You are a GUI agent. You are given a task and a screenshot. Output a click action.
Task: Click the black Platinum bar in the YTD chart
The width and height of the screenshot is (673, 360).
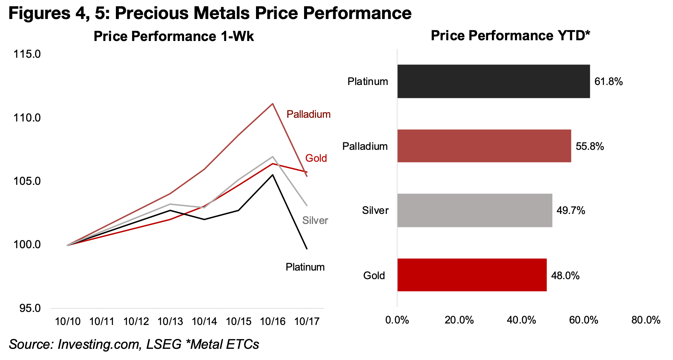(x=493, y=81)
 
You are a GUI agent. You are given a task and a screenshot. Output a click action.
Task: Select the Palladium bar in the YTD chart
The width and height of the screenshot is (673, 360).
(x=484, y=146)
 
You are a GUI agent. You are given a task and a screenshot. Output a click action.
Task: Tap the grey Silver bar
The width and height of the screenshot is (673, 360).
(x=474, y=210)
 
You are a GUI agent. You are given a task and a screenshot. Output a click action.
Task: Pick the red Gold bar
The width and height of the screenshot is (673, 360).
(x=471, y=275)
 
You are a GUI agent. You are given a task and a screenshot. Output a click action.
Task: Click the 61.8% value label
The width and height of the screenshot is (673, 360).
(x=608, y=82)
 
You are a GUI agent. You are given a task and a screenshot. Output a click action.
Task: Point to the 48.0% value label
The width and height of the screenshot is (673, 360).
(x=565, y=276)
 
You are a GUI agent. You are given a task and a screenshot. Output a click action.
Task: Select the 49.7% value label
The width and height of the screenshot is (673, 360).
(x=571, y=211)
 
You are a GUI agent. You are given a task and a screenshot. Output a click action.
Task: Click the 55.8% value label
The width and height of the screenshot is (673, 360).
(x=590, y=146)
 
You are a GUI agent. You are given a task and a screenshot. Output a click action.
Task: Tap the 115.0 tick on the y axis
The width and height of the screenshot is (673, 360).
(x=27, y=54)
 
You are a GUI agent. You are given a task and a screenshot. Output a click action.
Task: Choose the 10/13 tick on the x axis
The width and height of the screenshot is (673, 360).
(x=170, y=322)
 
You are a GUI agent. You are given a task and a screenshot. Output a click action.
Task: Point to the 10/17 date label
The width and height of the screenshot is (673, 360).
(x=307, y=322)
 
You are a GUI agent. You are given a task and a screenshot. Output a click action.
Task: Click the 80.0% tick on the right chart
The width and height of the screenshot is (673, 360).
(x=645, y=320)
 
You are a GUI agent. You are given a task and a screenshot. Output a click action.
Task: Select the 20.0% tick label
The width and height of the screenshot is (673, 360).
(x=459, y=320)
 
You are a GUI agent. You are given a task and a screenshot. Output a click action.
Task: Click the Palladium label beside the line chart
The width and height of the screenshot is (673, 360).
(x=308, y=114)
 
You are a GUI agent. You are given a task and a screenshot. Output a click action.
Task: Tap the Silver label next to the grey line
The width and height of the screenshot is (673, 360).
(x=315, y=221)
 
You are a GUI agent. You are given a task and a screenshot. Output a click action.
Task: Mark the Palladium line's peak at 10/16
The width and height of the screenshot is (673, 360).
(x=272, y=104)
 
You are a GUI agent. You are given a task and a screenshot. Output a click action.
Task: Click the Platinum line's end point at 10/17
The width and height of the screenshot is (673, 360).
(x=307, y=249)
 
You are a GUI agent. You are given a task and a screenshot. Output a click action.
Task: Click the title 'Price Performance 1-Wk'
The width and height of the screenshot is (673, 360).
(x=173, y=37)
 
